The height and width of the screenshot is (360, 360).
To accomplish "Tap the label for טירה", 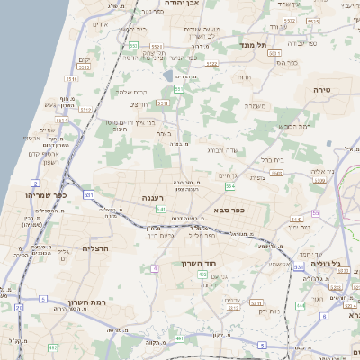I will tap(323, 90).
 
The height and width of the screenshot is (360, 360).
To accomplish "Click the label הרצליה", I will tap(95, 247).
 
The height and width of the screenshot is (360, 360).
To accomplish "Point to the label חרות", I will tap(243, 77).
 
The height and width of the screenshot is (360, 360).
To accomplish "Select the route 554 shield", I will tap(230, 186).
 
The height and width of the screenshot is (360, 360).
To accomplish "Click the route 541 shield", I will tap(160, 210).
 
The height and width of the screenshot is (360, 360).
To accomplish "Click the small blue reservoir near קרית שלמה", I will tap(168, 75).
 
